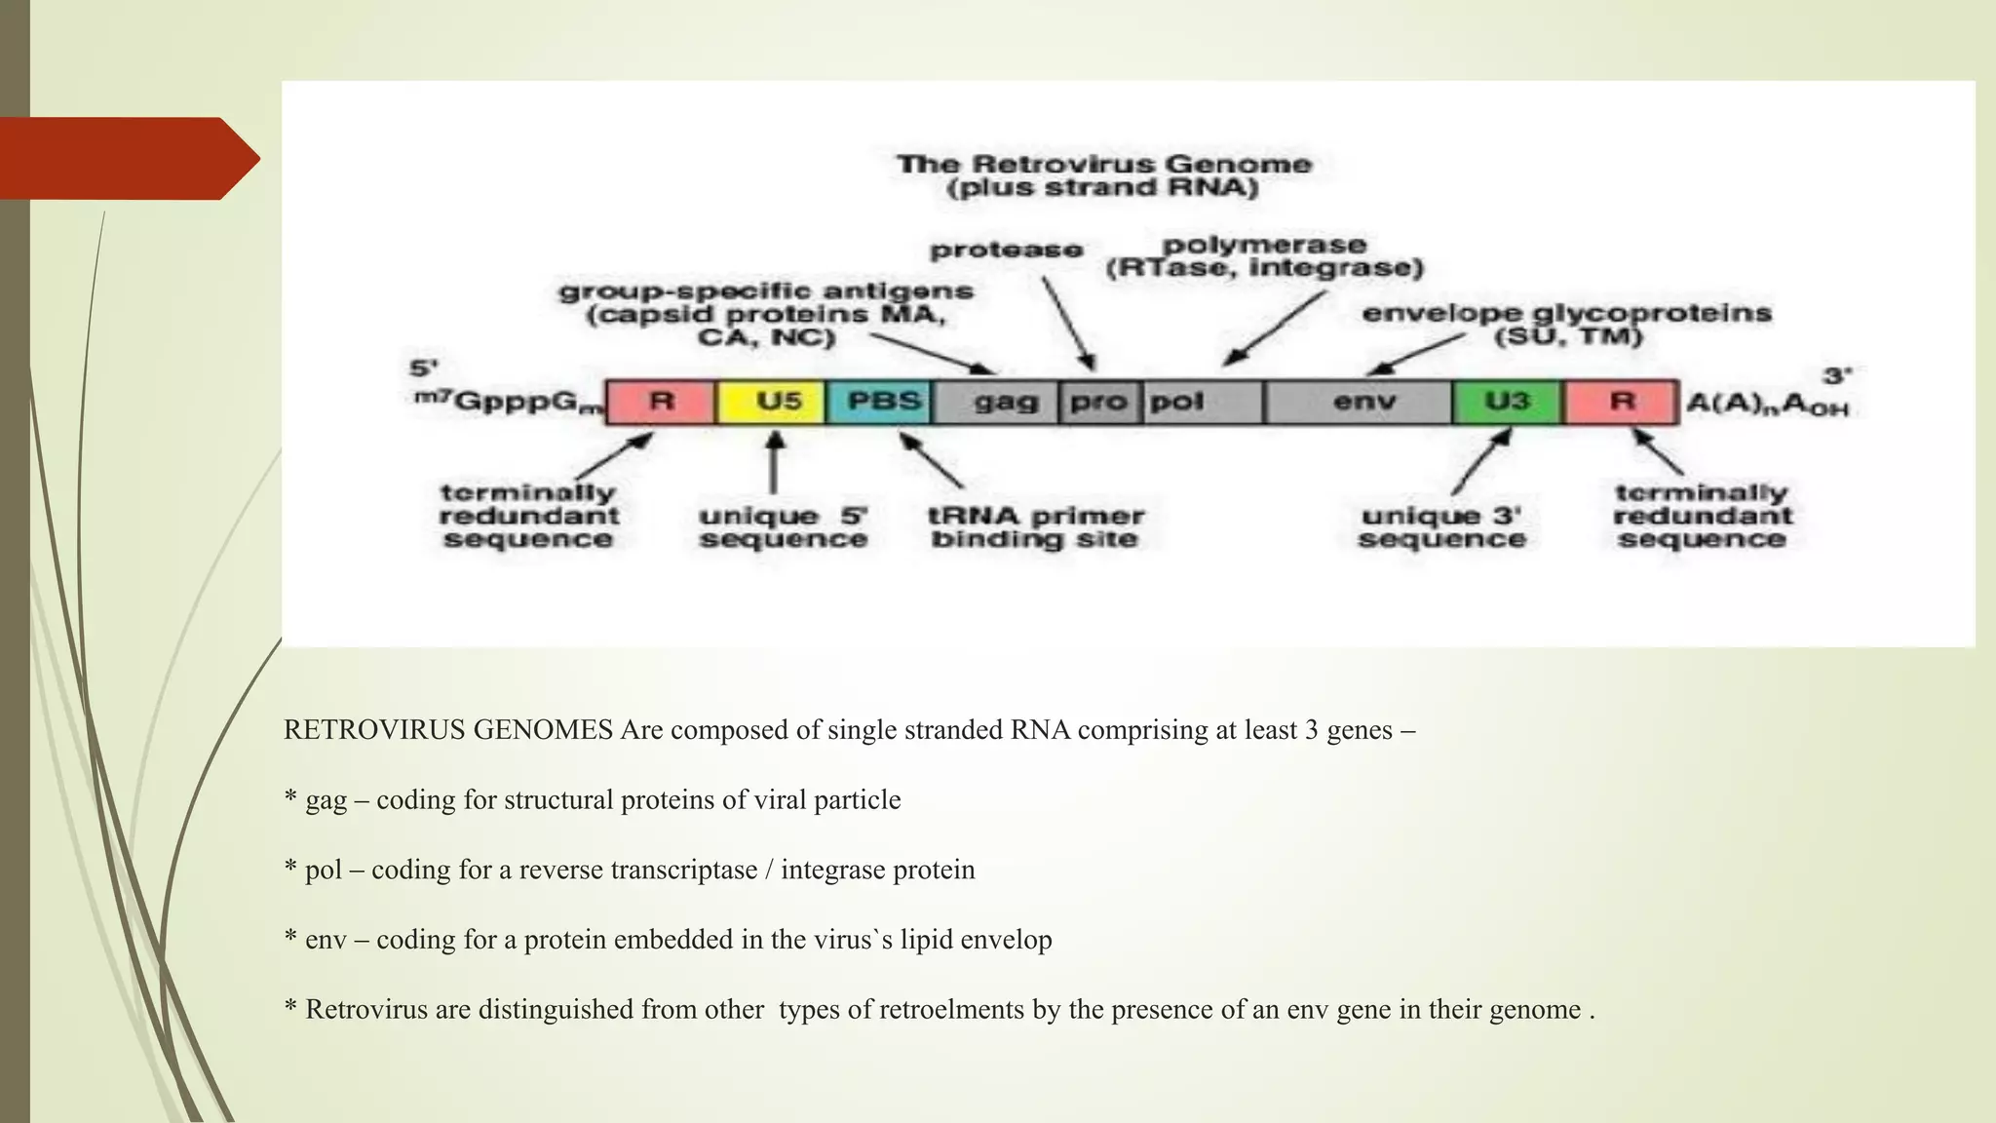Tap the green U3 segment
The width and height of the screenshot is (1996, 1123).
point(1508,402)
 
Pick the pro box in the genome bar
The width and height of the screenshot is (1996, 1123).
point(1099,402)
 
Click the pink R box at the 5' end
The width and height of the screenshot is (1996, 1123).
point(661,402)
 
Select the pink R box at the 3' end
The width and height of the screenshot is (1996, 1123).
point(1622,402)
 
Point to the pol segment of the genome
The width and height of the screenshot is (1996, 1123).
point(1203,402)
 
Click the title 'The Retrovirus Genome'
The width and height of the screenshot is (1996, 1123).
point(1104,164)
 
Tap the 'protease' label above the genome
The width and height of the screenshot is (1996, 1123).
point(1006,251)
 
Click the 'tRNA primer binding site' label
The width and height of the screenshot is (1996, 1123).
point(1036,527)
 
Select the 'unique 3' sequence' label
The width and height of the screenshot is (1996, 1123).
point(1441,527)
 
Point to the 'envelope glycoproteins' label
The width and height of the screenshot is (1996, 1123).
point(1566,314)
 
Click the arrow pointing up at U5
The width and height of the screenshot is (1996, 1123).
point(774,463)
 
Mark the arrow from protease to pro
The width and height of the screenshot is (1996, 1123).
point(1068,322)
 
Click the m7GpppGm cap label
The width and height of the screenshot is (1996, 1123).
point(506,402)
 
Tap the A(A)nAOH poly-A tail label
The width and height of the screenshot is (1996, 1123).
point(1766,403)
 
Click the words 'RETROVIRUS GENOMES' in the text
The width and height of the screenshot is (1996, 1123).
point(447,730)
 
